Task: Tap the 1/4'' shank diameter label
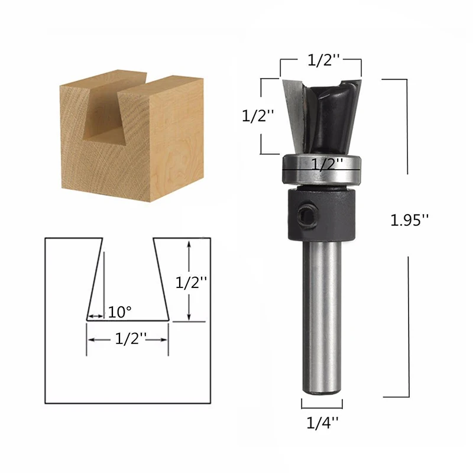tap(322, 422)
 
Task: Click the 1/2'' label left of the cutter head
tap(258, 116)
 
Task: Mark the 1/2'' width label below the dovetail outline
tap(131, 339)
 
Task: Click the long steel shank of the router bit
tap(322, 319)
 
